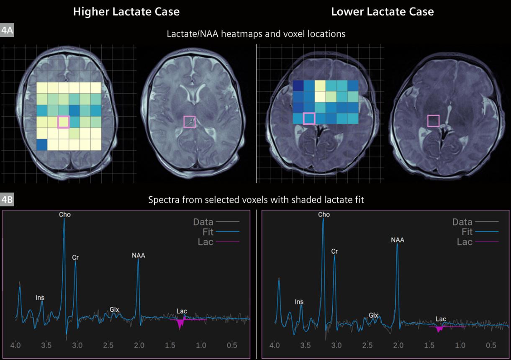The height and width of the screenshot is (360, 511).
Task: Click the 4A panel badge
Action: click(7, 31)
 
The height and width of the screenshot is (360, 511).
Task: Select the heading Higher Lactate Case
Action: click(126, 12)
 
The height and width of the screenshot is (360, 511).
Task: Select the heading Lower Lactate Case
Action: click(382, 12)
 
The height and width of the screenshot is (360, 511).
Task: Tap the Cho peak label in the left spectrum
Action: click(64, 214)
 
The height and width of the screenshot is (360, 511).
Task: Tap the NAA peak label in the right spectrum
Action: click(397, 240)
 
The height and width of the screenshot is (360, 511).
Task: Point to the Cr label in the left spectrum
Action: click(75, 257)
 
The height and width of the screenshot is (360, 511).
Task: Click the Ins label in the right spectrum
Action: click(299, 301)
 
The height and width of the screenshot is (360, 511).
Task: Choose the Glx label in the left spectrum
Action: click(115, 309)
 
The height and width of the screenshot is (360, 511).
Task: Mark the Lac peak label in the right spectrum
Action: click(441, 319)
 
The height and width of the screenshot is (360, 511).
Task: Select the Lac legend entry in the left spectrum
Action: click(205, 242)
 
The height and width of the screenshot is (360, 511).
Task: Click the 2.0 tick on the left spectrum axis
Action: click(139, 346)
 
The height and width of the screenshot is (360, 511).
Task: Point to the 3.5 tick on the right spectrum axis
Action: click(306, 346)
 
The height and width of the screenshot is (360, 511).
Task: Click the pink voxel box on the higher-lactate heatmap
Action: click(63, 122)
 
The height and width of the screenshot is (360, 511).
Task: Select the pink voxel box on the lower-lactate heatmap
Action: click(309, 118)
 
